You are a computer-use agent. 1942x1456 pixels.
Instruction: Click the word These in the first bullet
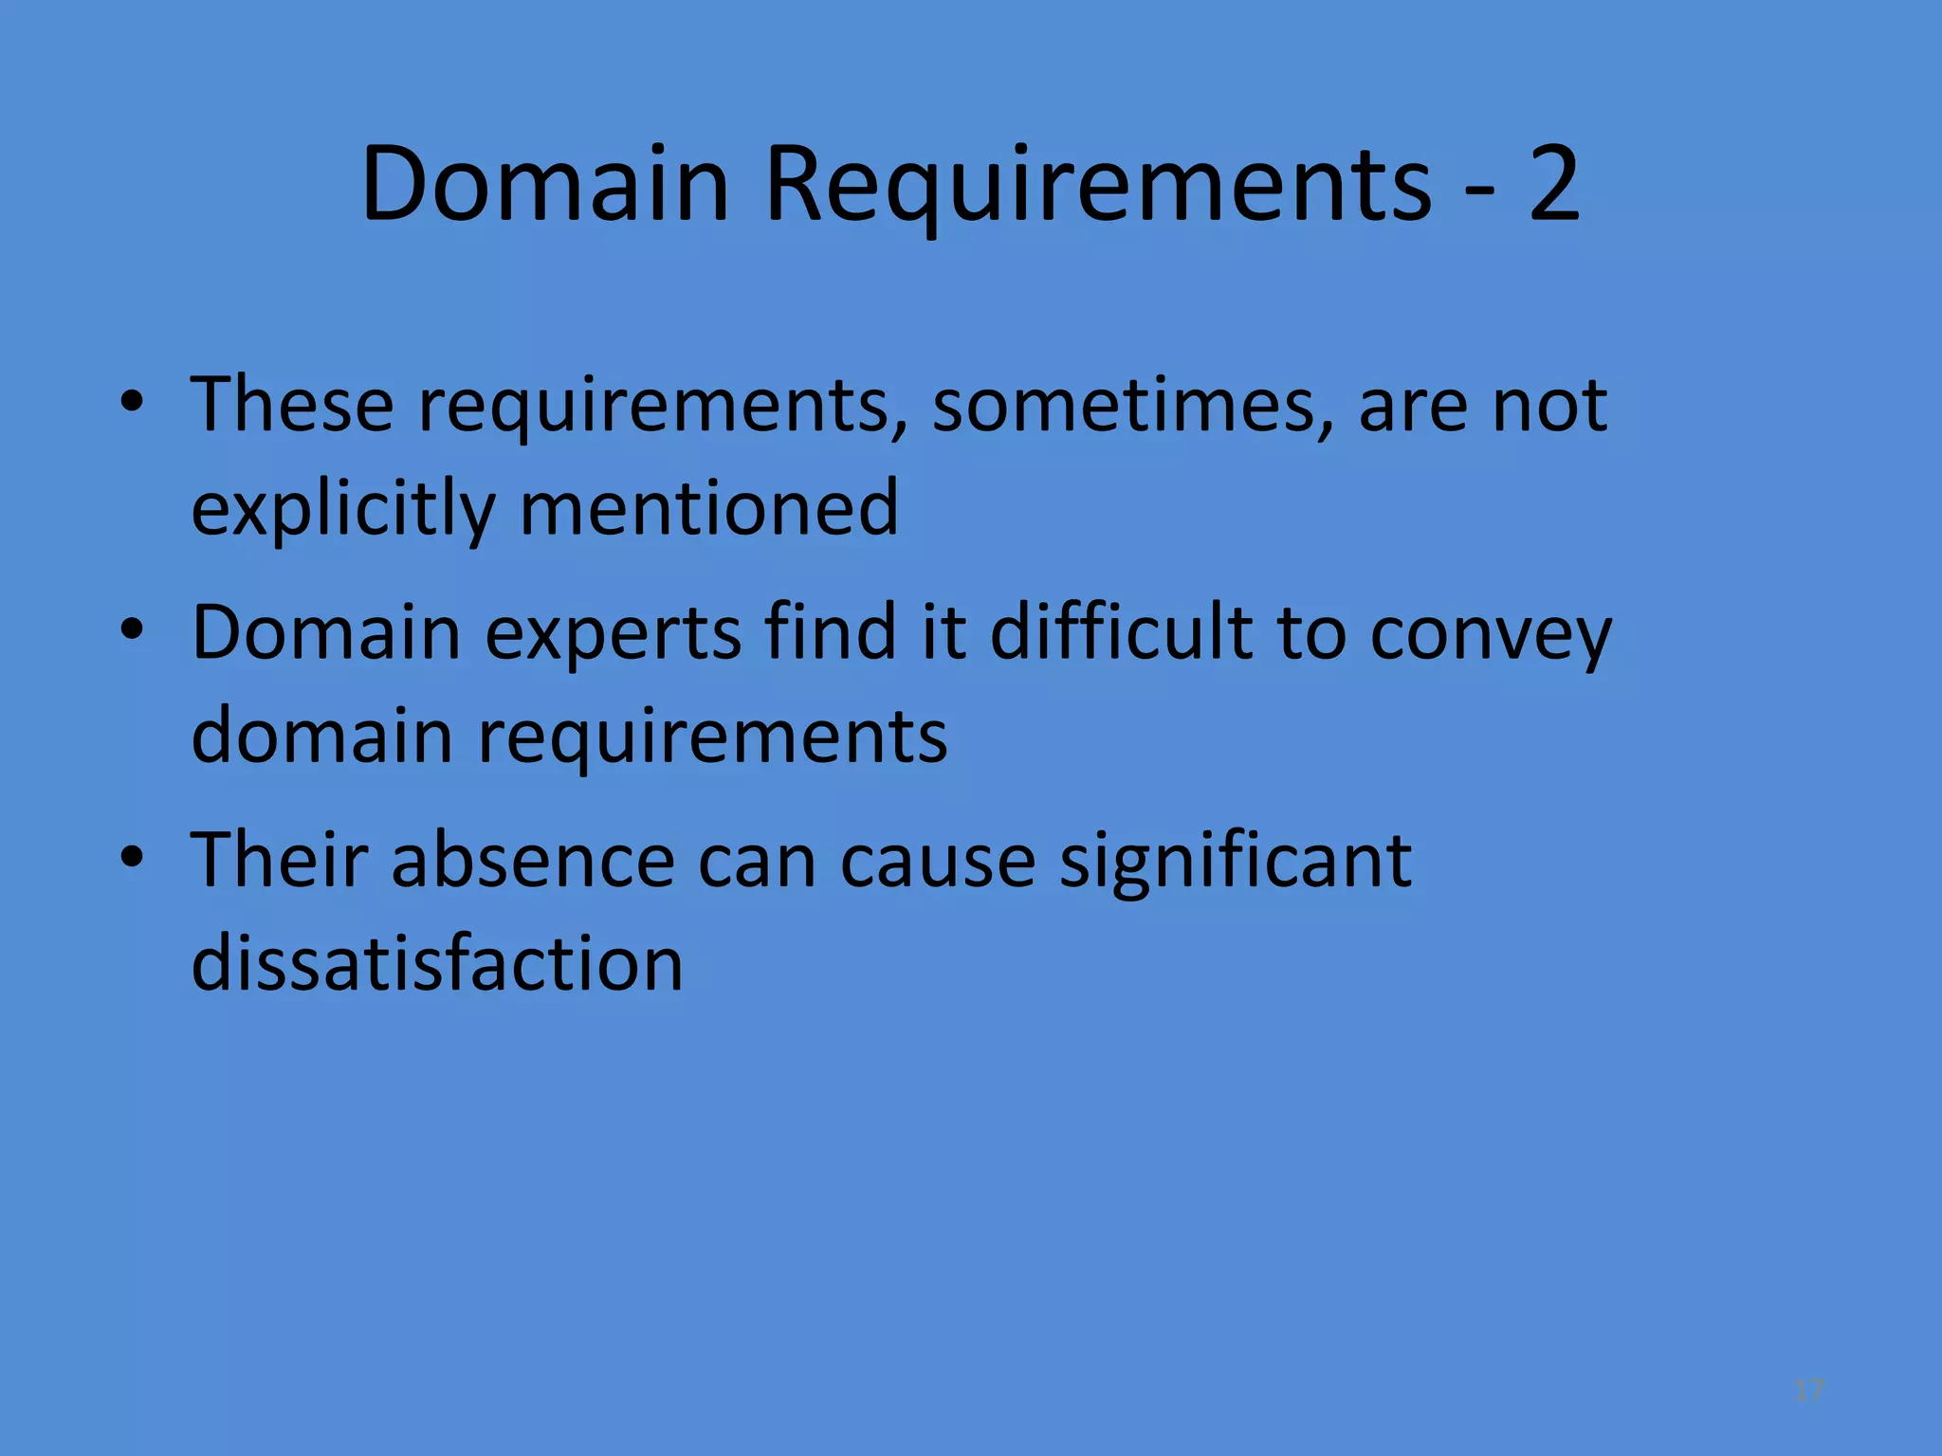click(x=292, y=405)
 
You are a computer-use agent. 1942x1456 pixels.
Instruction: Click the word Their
click(x=279, y=860)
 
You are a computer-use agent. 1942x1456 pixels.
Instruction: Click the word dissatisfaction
click(x=437, y=963)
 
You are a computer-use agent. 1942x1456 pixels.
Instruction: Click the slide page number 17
click(x=1809, y=1391)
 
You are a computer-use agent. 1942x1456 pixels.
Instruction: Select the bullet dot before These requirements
click(x=132, y=403)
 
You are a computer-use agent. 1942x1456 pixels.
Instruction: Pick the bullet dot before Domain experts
click(x=132, y=630)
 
